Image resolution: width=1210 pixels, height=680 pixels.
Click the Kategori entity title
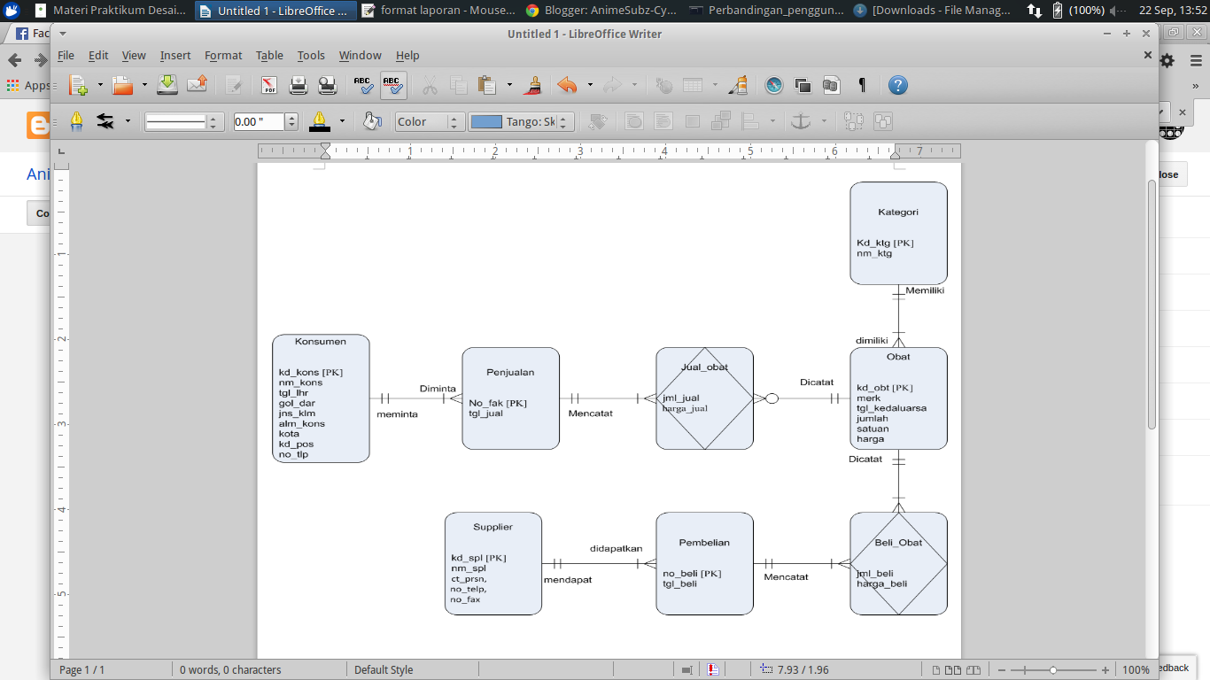pos(898,212)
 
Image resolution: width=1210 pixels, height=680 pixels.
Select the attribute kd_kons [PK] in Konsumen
pos(310,373)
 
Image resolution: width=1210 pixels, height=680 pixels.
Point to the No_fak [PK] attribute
pos(498,403)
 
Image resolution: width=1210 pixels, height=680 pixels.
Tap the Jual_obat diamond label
pos(704,367)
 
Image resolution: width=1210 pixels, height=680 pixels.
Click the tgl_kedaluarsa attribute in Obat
pos(891,408)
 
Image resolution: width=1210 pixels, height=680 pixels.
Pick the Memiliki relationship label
pos(924,290)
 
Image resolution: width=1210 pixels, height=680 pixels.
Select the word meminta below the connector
pos(397,413)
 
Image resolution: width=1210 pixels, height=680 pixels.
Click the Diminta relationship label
pos(438,389)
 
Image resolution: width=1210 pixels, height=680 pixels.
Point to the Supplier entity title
pos(493,527)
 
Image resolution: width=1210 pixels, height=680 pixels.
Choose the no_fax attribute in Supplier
pos(465,599)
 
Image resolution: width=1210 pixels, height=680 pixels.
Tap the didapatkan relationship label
pos(616,549)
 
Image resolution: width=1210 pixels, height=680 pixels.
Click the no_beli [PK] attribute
pos(692,574)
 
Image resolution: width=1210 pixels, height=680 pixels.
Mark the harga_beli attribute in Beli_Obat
pos(881,583)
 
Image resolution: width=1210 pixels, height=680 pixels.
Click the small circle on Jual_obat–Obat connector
pos(772,398)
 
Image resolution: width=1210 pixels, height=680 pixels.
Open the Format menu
pos(223,55)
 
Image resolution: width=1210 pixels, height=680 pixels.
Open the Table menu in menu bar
pos(269,55)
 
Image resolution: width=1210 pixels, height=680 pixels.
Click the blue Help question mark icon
pos(897,86)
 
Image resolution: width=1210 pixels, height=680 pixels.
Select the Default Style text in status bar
pos(384,670)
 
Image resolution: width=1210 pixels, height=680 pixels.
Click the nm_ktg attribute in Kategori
pos(874,253)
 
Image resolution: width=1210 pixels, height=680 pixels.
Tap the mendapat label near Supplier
pos(568,579)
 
